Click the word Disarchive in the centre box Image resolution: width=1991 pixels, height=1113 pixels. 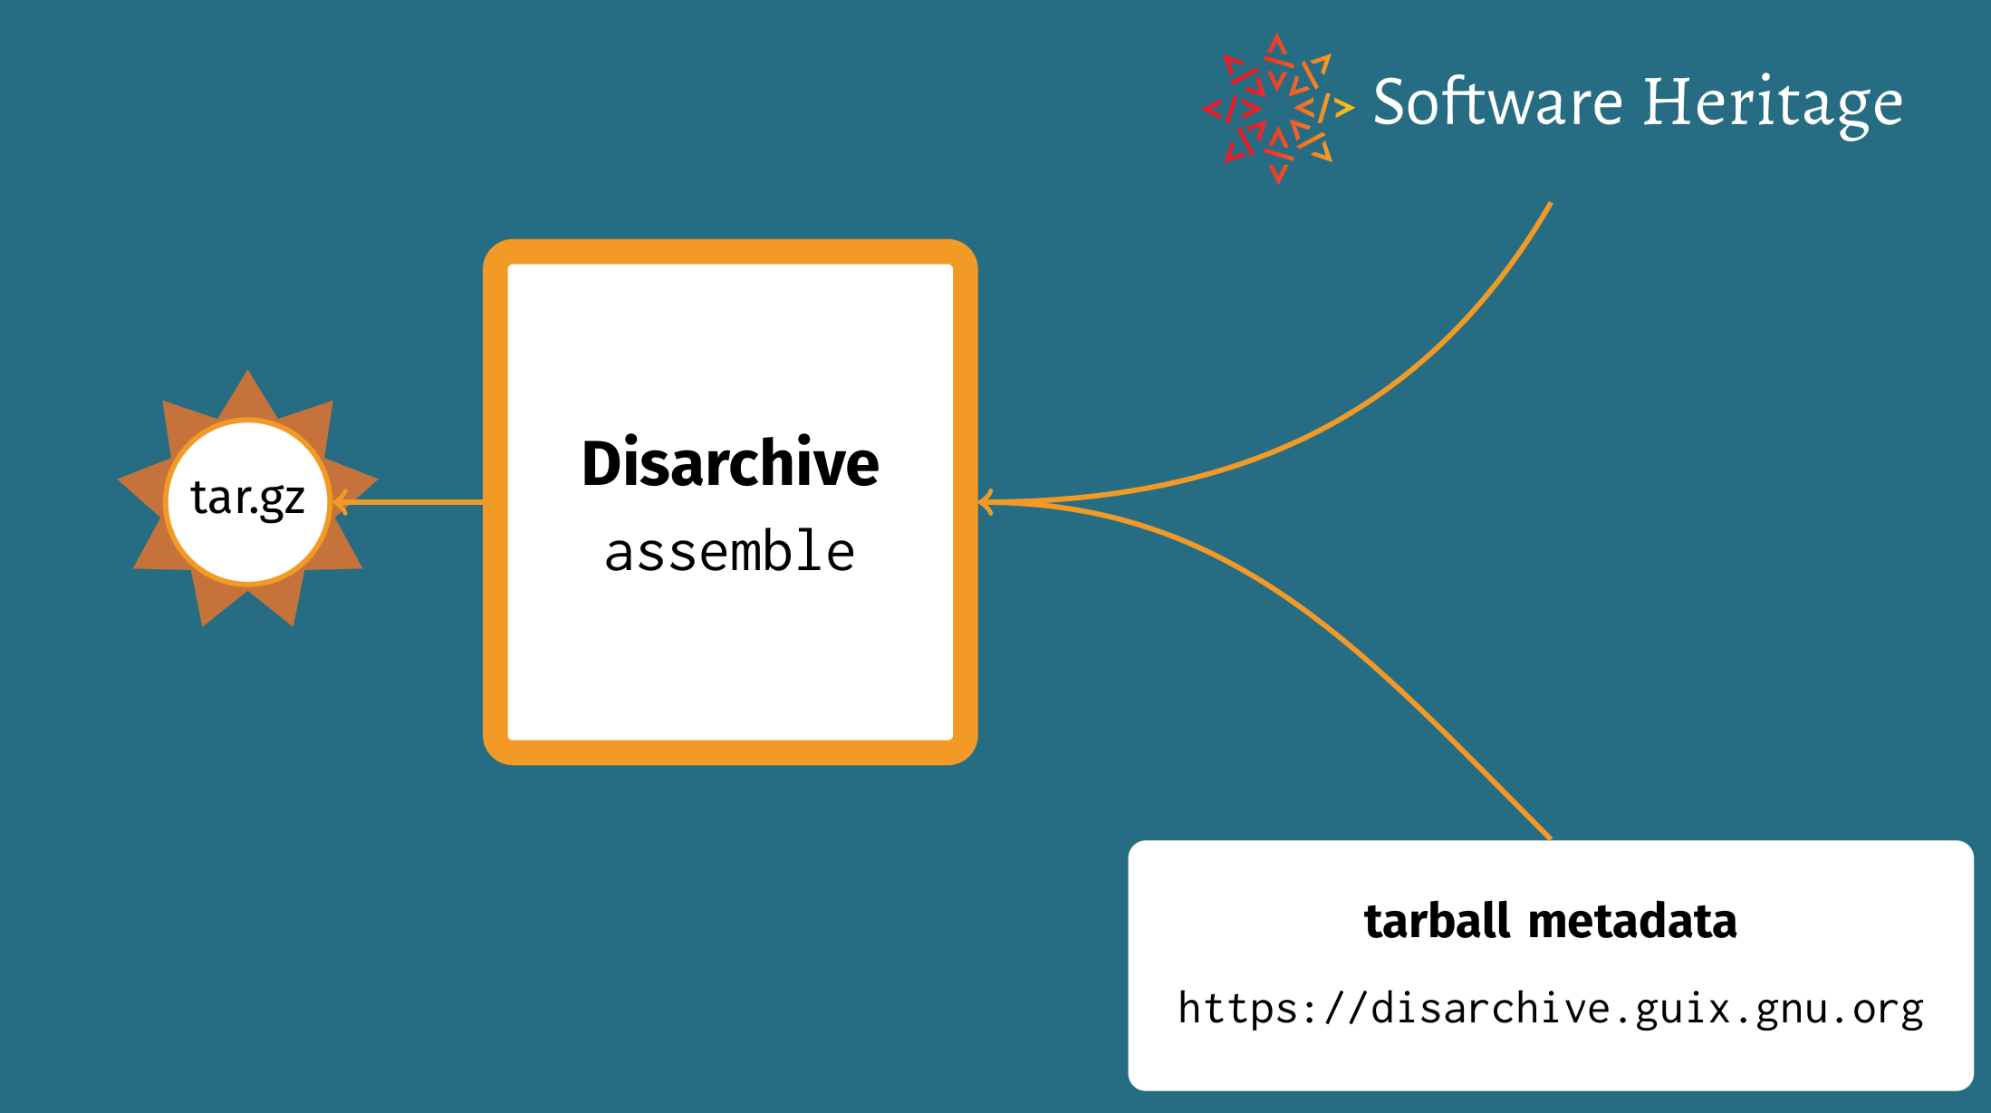[730, 463]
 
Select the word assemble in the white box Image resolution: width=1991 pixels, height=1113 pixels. [730, 551]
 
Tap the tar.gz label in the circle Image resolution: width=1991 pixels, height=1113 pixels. [247, 498]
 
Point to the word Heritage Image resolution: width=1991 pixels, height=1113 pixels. [1773, 105]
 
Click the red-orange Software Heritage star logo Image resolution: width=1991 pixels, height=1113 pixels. [1278, 109]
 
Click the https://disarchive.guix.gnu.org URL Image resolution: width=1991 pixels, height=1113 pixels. [1551, 1009]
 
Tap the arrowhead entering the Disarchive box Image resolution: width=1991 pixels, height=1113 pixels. [986, 501]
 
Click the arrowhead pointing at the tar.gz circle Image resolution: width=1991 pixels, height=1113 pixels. [340, 501]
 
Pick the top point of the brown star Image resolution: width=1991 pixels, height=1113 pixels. [247, 371]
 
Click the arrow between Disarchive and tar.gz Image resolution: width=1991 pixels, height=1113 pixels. [408, 501]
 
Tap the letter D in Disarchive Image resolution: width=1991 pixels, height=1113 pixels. [601, 463]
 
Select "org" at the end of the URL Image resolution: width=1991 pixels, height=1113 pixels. [1888, 1011]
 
